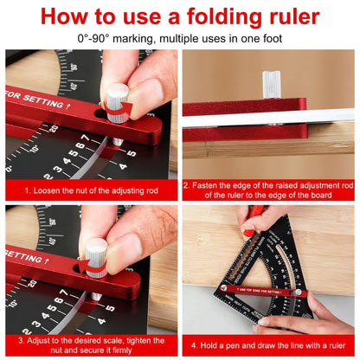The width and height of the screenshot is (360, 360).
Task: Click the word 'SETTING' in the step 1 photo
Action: (x=39, y=96)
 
